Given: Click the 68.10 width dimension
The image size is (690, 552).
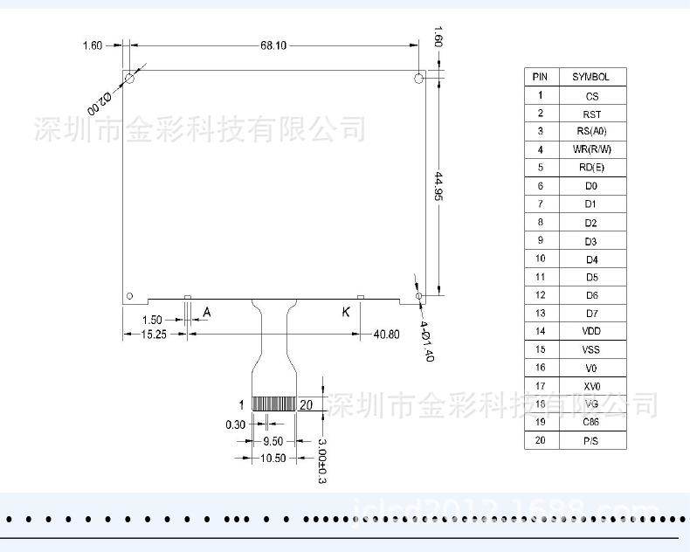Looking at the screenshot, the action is pos(273,45).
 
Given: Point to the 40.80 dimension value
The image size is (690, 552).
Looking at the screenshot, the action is pos(386,335).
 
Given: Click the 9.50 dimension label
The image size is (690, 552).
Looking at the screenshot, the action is pos(273,441).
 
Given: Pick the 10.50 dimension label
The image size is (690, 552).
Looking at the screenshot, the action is pos(273,458).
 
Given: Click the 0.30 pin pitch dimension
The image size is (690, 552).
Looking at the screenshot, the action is pos(235,424).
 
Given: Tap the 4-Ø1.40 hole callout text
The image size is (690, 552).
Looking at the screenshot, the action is pos(425,341).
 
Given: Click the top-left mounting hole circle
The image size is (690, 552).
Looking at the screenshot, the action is pos(129,79).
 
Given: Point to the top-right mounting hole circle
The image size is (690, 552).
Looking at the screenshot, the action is pos(419,79).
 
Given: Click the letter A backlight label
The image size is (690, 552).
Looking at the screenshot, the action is pos(207,312).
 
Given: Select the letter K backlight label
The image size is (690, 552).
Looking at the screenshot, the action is pos(346,312).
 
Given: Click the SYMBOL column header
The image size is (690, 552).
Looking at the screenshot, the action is pos(591,77).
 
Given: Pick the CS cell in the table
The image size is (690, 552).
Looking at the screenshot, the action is pos(591,95).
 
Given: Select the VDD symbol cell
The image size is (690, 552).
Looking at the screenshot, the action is pos(591,331).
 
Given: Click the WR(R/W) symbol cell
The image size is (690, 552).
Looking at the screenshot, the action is pos(591,149).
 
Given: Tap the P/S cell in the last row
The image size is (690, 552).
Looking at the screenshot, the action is pos(591,440).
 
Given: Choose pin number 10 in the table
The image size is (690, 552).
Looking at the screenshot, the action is pos(541,259).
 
